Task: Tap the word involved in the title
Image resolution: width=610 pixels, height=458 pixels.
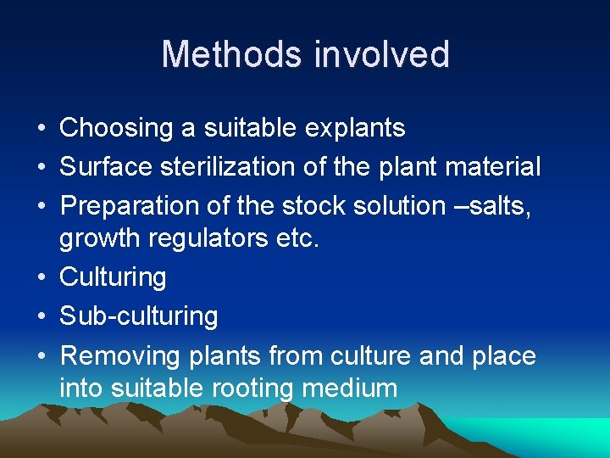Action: click(x=381, y=54)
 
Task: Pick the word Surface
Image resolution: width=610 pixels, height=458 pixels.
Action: click(x=102, y=168)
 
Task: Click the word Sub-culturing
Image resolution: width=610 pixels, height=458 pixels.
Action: click(x=138, y=316)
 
